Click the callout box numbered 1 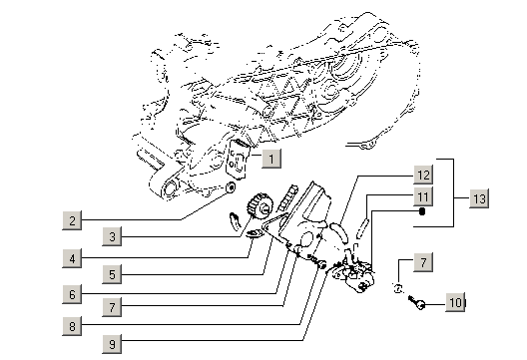click(271, 159)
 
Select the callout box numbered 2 click(72, 220)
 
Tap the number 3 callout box click(112, 236)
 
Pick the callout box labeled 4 click(72, 258)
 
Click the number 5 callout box click(112, 274)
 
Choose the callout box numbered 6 click(72, 294)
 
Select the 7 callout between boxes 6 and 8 click(112, 306)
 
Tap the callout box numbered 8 click(72, 326)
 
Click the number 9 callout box click(112, 343)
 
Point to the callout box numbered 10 click(455, 302)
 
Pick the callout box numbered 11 click(423, 196)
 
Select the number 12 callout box click(423, 175)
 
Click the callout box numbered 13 click(479, 198)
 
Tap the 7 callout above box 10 click(423, 262)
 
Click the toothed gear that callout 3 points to click(260, 205)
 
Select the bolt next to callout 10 click(416, 302)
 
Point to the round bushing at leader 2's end click(231, 187)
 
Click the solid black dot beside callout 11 click(422, 211)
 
